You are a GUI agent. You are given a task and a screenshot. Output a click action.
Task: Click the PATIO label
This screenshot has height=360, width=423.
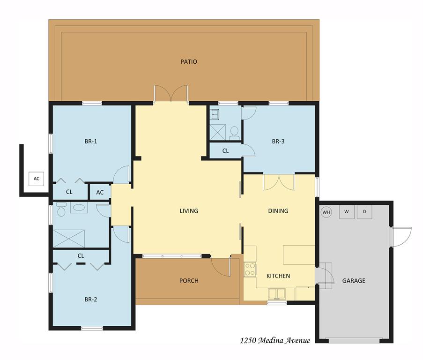pos(189,61)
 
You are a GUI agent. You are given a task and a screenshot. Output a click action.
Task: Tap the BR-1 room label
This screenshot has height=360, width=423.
pos(91,141)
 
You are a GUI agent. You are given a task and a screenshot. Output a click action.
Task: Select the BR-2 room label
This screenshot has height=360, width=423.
pos(91,299)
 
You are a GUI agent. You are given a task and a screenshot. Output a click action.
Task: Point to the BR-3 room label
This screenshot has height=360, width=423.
pos(278,141)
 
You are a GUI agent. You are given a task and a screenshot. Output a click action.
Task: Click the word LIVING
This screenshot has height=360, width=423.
pos(189,211)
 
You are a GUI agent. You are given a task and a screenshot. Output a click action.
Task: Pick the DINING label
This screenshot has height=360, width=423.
pos(278,211)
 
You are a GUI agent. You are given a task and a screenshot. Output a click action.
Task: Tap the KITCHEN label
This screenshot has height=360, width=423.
pos(278,276)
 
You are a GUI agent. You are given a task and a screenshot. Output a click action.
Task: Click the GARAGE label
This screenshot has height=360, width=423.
pos(354,281)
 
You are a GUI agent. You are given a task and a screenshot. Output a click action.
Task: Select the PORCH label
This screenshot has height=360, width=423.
pos(189,281)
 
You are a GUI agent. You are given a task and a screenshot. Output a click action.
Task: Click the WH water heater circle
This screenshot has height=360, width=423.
pos(327,212)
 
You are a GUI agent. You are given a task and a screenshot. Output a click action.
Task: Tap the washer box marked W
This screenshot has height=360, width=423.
pos(347,212)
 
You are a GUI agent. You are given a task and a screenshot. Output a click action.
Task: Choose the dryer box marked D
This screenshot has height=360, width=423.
pos(364,212)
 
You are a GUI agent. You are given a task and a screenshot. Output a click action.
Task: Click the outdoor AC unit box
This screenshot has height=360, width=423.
pos(37,179)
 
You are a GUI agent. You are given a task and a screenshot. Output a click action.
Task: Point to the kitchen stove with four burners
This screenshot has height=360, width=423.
pos(250,270)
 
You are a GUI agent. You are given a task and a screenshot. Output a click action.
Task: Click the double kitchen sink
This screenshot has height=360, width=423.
pos(277,293)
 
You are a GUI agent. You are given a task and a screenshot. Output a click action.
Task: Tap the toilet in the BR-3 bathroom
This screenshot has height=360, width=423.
pos(234,133)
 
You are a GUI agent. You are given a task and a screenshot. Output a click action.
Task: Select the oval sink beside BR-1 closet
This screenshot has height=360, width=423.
pos(79,208)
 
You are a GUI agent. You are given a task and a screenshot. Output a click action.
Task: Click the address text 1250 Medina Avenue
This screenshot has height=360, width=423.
pos(275,341)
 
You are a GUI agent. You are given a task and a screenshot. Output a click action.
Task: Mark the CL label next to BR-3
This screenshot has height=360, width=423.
pos(225,151)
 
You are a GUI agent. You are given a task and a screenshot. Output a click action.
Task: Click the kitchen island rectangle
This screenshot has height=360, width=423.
pos(299,255)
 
